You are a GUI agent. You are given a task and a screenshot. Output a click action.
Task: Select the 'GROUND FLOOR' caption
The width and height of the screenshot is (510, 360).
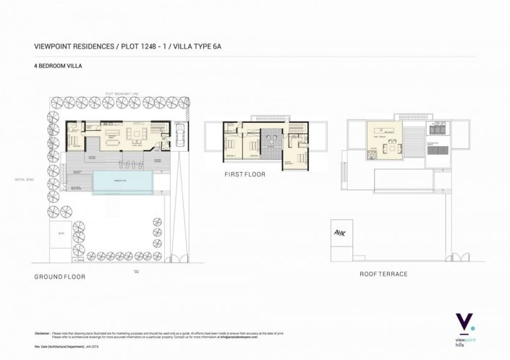click(60, 277)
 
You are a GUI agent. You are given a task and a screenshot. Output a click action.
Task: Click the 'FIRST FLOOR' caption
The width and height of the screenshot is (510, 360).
click(245, 174)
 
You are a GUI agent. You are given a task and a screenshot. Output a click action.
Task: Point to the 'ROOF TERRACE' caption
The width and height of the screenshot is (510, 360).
click(383, 274)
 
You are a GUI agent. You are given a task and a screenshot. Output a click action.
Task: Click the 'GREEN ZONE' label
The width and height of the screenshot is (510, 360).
click(25, 179)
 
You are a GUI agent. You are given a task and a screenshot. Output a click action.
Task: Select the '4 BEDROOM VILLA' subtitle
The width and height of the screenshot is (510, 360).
click(59, 66)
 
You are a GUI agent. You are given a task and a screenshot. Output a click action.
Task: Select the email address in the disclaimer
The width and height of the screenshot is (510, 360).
click(238, 337)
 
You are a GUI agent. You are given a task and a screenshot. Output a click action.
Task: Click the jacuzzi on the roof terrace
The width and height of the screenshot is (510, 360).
click(436, 129)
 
